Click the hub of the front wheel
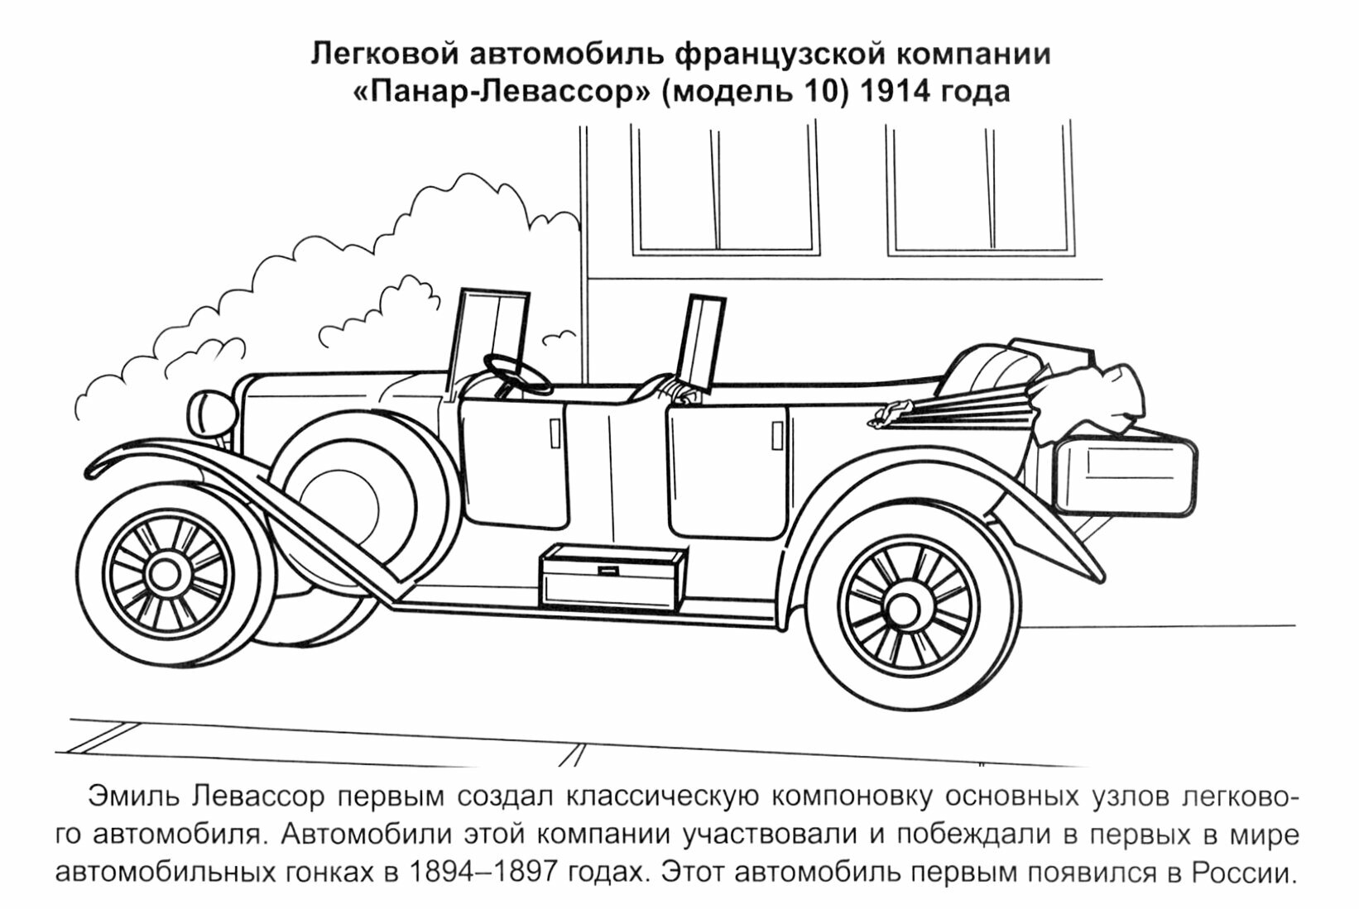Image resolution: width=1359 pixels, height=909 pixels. [169, 570]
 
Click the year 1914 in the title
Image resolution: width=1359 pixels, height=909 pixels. [893, 91]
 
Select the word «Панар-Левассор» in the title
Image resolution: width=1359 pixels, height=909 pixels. [502, 91]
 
